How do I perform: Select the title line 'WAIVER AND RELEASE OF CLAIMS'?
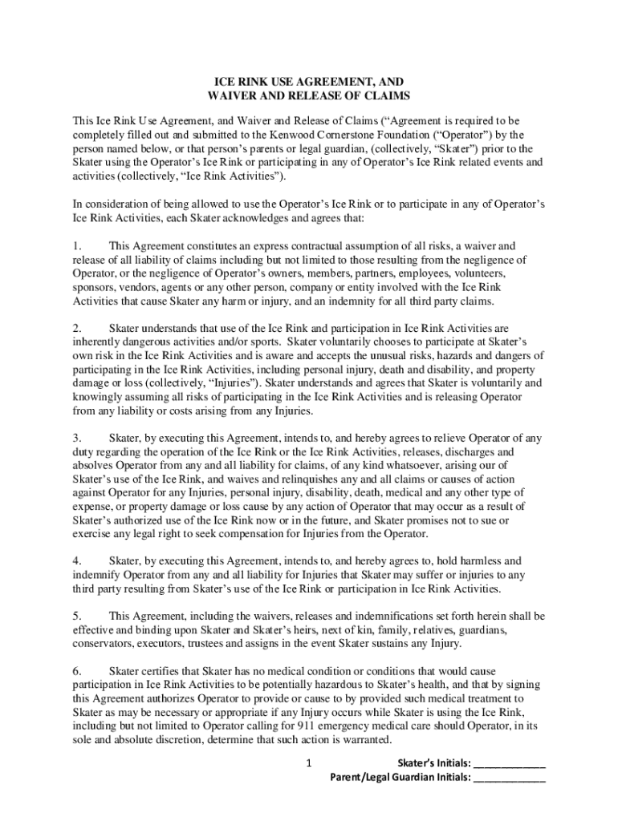[x=309, y=96]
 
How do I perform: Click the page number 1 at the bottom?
[x=308, y=763]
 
